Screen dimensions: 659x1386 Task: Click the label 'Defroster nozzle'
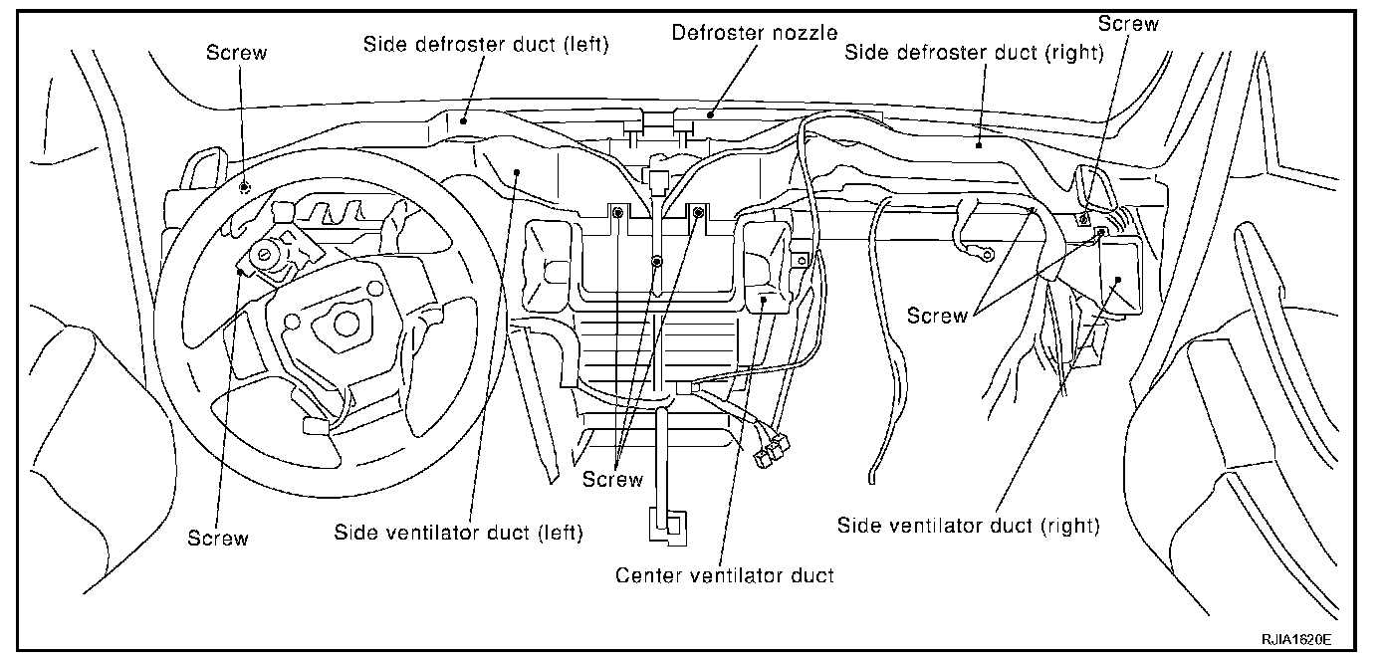click(x=754, y=32)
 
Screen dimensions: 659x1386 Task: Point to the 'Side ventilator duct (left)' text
click(x=458, y=533)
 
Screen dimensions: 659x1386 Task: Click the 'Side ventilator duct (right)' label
click(x=969, y=526)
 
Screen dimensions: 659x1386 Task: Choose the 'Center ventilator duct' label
click(x=724, y=574)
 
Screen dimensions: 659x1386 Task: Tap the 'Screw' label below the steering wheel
click(x=218, y=538)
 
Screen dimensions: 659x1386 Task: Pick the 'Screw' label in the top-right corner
click(x=1128, y=24)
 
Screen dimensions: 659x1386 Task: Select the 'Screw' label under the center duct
click(x=613, y=479)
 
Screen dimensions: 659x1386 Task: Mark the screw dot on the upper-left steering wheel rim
click(x=245, y=185)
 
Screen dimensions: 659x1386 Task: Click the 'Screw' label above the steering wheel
click(x=236, y=53)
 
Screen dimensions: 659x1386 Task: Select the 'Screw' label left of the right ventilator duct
click(x=937, y=316)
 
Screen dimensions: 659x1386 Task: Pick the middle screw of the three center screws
click(x=656, y=262)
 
